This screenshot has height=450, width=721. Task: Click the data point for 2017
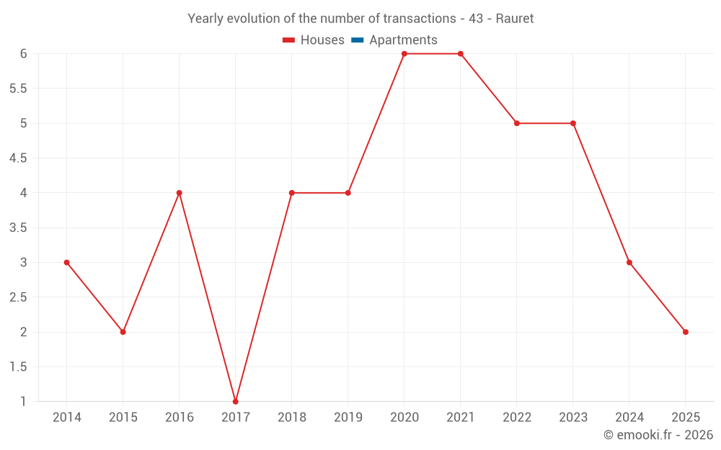[236, 401]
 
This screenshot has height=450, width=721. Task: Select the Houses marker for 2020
[404, 54]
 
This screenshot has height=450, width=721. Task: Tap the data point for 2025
[686, 332]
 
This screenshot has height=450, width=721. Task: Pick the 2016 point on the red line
[180, 193]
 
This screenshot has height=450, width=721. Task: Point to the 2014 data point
[67, 262]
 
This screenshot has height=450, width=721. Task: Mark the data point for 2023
[573, 123]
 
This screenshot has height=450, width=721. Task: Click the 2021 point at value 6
[461, 54]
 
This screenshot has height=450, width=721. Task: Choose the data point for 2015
[123, 332]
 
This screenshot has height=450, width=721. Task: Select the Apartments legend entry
[403, 40]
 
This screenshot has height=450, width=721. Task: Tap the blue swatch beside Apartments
[357, 40]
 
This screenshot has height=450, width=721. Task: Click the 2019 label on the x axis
[348, 418]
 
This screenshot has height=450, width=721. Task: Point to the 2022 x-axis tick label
[517, 418]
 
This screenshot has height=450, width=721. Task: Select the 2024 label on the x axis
[629, 418]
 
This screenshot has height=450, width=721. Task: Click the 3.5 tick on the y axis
[18, 228]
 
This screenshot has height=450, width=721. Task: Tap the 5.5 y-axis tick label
[18, 89]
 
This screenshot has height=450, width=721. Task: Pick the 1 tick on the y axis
[23, 401]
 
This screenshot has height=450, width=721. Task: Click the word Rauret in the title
[515, 19]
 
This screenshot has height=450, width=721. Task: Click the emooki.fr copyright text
[658, 435]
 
